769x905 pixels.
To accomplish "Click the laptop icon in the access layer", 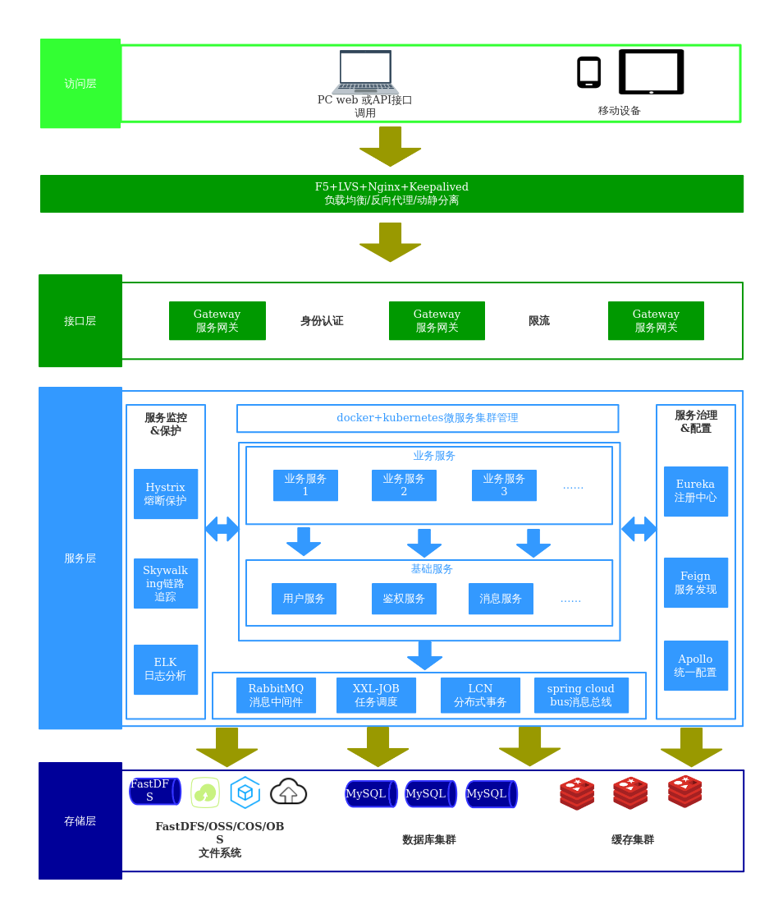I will [365, 72].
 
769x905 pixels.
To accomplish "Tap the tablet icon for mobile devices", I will [651, 71].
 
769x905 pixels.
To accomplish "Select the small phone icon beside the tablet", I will [588, 72].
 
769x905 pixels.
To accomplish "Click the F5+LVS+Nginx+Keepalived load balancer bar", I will [391, 194].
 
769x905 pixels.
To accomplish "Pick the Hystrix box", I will [166, 494].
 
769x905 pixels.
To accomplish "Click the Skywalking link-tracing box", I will [166, 583].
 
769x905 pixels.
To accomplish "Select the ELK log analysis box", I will [166, 669].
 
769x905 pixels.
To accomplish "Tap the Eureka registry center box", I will [695, 491].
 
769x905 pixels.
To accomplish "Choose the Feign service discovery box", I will [695, 582].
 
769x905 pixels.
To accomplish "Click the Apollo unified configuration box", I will [695, 665].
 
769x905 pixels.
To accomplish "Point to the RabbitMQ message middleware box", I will [276, 695].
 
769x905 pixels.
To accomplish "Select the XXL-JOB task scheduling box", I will [376, 695].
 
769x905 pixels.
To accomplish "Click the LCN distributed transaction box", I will [480, 695].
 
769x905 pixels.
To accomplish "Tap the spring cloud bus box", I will [581, 695].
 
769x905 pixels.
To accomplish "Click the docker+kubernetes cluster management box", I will [428, 418].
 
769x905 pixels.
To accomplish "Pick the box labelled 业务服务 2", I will [404, 485].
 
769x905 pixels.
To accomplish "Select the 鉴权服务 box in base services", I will [404, 599].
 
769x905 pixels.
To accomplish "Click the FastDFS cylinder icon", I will [154, 791].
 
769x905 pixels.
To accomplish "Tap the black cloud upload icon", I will [288, 792].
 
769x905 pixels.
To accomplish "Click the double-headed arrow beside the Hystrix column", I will [222, 529].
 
